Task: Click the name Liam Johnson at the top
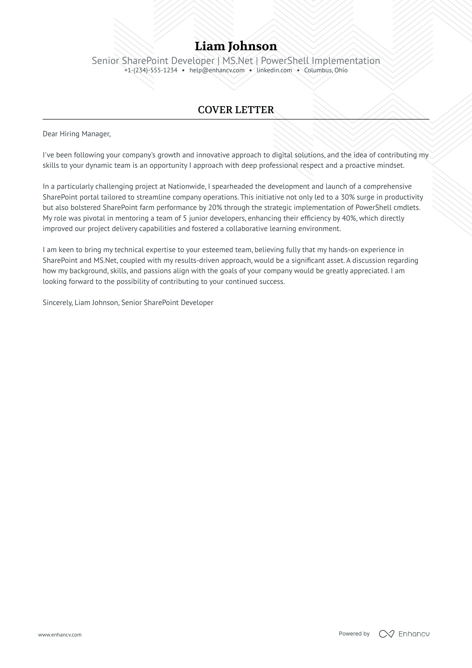tap(236, 46)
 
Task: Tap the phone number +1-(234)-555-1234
tap(151, 70)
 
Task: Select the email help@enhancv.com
tap(217, 70)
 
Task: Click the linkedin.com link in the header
tap(274, 70)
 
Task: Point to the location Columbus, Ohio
tap(326, 70)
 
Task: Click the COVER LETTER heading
tap(236, 110)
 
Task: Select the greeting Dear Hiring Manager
tap(76, 134)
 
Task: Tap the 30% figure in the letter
tap(347, 197)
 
